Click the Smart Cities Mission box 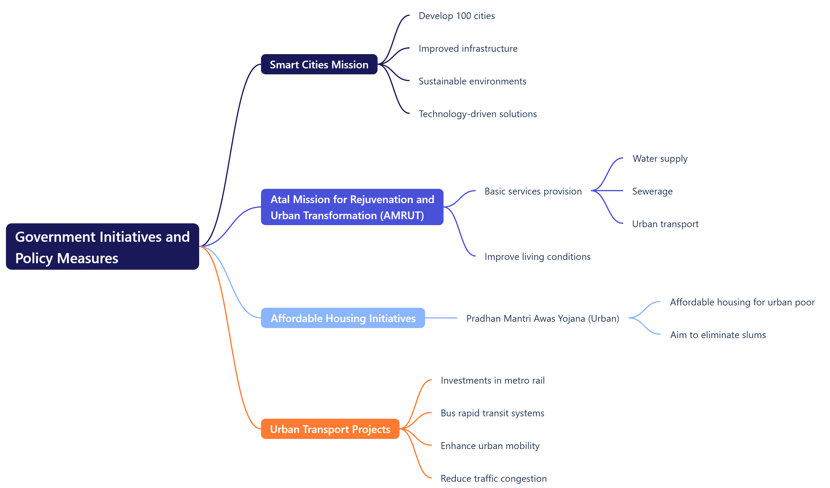point(319,64)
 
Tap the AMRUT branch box point(352,207)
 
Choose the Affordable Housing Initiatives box point(343,318)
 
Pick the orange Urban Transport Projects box point(330,429)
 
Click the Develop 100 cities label point(457,16)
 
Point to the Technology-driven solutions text point(478,114)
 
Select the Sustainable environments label point(472,81)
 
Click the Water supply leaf point(660,159)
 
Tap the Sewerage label point(652,191)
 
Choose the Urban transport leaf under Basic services point(665,224)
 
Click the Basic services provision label point(533,191)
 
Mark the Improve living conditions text point(537,257)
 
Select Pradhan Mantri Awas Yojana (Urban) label point(543,318)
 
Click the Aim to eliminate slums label point(718,335)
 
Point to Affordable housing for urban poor point(742,302)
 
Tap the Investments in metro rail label point(492,380)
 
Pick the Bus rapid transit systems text point(492,413)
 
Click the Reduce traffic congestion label point(493,478)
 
